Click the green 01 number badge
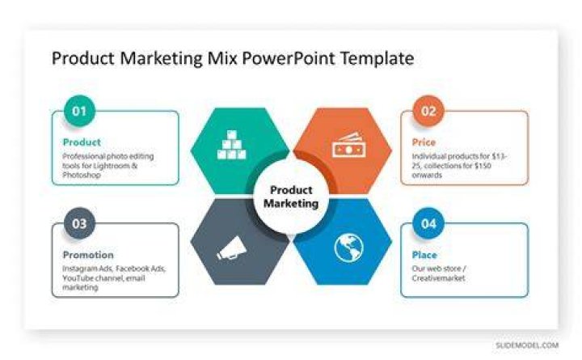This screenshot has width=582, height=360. click(x=79, y=111)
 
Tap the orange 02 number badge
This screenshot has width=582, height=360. click(x=428, y=111)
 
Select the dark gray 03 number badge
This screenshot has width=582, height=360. click(x=79, y=223)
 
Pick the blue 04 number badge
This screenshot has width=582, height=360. click(x=428, y=223)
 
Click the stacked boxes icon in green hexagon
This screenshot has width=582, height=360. click(x=232, y=145)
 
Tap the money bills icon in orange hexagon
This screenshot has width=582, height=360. click(x=348, y=145)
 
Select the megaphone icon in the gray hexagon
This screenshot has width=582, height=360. click(x=232, y=248)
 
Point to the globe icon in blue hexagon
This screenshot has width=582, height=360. click(x=348, y=248)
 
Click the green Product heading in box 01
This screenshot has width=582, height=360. click(x=82, y=142)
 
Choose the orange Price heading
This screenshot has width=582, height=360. click(x=424, y=142)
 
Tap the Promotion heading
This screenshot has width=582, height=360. click(x=88, y=255)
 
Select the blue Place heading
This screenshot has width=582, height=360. click(x=424, y=255)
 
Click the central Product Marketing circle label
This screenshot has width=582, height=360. click(x=291, y=197)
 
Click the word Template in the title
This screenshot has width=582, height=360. click(x=377, y=58)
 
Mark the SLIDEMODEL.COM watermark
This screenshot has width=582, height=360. click(x=527, y=345)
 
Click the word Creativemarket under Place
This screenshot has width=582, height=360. click(x=438, y=278)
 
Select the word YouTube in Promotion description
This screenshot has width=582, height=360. click(x=76, y=278)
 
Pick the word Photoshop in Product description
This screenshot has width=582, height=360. click(x=82, y=175)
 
